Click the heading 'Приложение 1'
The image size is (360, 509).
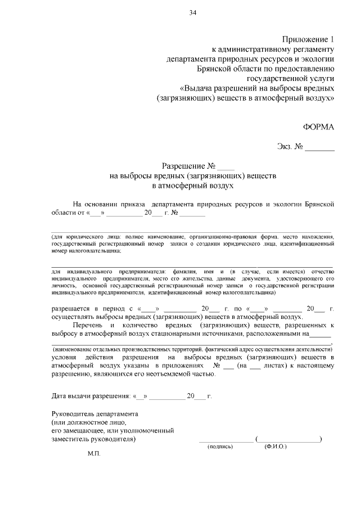click(x=308, y=39)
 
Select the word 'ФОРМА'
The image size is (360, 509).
click(x=318, y=127)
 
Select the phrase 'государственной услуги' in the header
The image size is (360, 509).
click(x=291, y=78)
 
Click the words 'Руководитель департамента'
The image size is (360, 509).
click(x=94, y=414)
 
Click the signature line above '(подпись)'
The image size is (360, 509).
click(x=226, y=439)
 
